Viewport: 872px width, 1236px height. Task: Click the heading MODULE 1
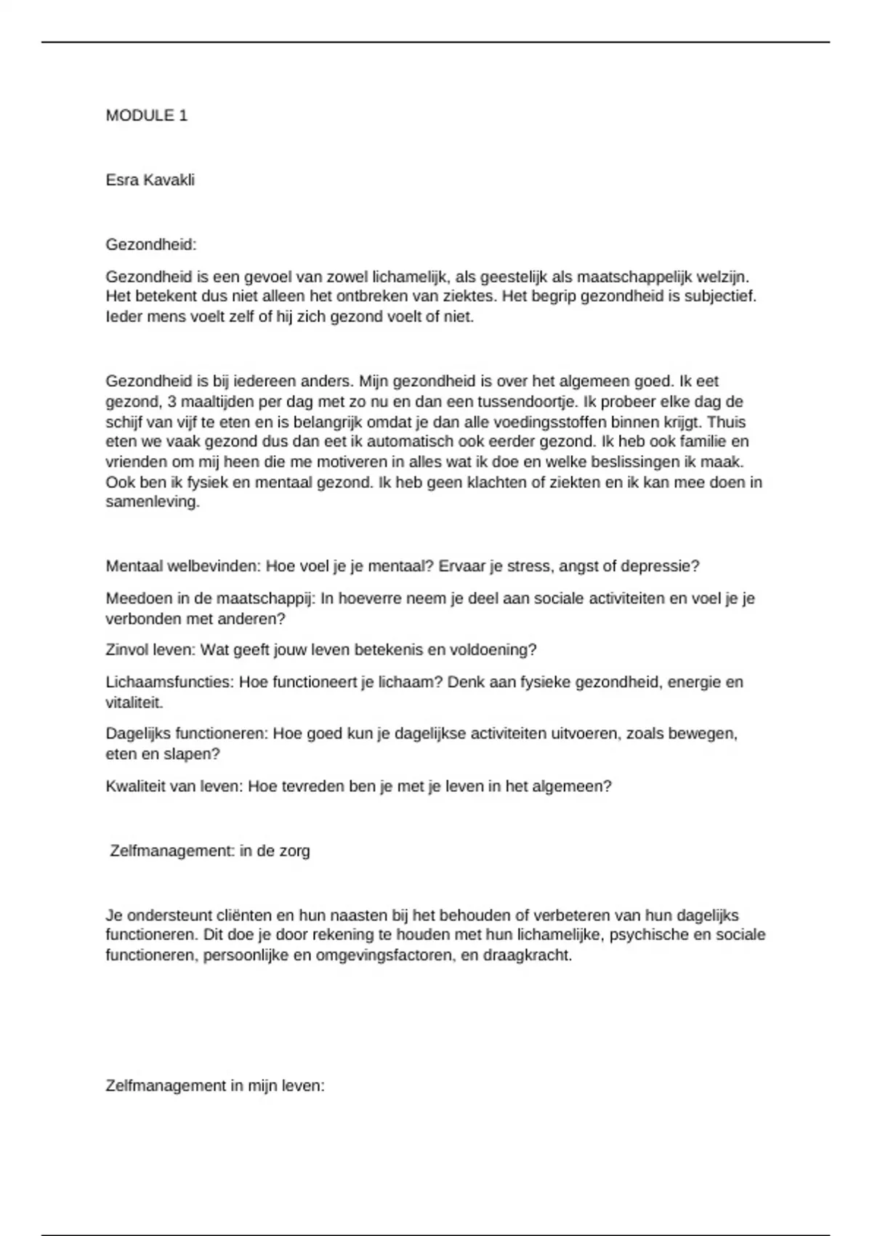147,116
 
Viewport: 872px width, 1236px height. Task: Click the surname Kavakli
169,180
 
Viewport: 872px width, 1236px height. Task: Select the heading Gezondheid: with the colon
151,245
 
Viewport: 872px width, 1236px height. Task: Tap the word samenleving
153,502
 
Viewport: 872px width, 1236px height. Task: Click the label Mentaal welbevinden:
184,566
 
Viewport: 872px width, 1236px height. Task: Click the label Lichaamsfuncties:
171,683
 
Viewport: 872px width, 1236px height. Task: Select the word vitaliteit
134,703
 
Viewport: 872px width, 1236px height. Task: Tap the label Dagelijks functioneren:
187,734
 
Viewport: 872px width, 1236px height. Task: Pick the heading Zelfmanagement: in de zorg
210,851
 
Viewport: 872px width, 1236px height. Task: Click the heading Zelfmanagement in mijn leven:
215,1086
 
